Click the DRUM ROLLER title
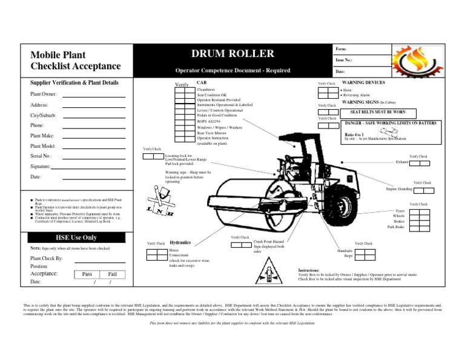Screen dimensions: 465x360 pos(233,54)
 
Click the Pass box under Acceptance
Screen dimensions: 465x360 pos(87,274)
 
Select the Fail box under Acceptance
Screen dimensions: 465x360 pos(112,274)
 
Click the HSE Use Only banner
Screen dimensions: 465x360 pos(76,237)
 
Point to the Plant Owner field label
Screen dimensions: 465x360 pos(44,95)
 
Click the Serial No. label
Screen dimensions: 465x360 pos(41,156)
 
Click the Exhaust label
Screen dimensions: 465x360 pos(402,162)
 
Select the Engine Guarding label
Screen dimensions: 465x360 pos(400,189)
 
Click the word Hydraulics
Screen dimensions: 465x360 pos(180,242)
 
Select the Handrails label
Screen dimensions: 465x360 pos(345,250)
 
